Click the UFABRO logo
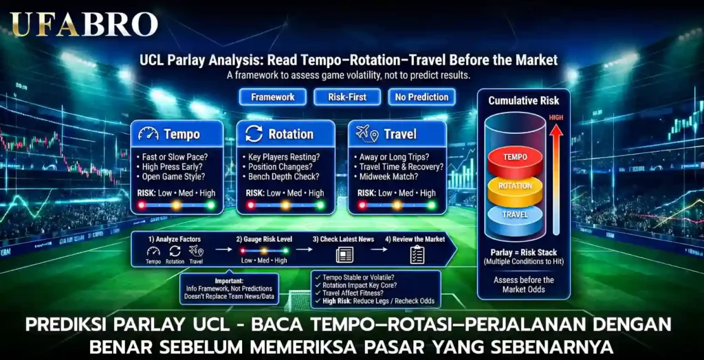click(83, 24)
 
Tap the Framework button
click(272, 97)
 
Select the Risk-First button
click(347, 97)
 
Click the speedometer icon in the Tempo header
click(148, 134)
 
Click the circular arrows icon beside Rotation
click(254, 134)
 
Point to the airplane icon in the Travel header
click(364, 134)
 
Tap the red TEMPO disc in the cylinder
click(515, 158)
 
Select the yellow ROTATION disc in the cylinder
click(515, 186)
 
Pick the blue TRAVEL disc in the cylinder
click(515, 214)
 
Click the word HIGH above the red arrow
click(555, 117)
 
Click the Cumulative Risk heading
click(523, 101)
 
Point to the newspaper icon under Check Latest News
click(343, 256)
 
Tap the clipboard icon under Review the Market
click(417, 256)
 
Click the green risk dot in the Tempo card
click(210, 205)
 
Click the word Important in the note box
click(228, 281)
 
